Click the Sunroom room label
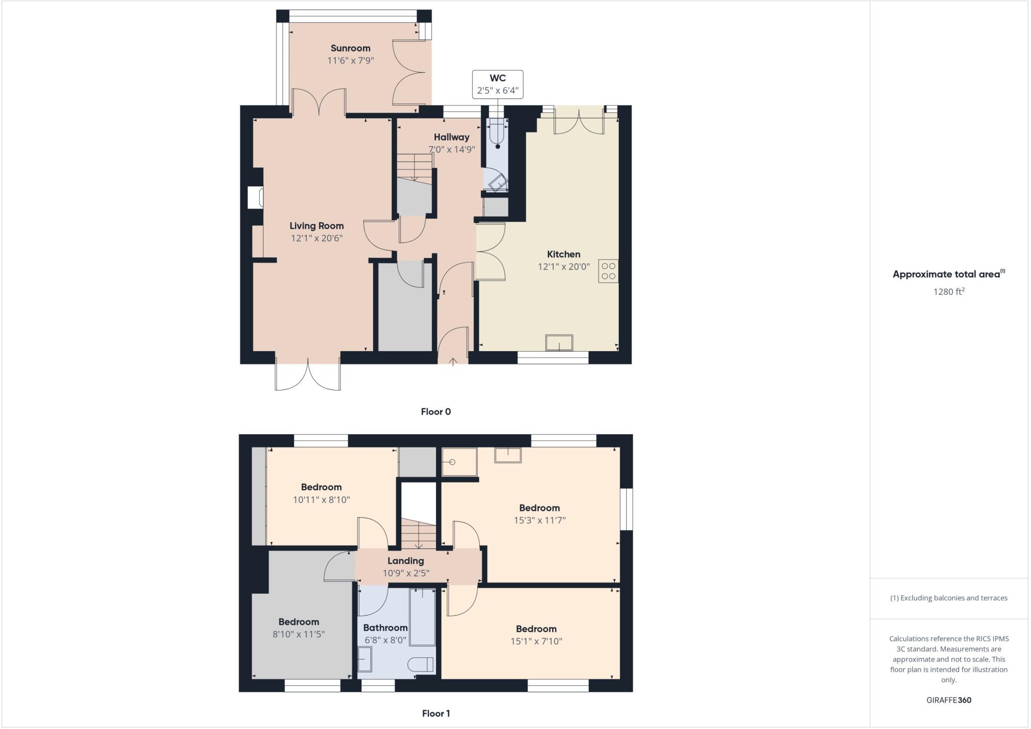point(350,48)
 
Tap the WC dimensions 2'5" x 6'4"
point(497,91)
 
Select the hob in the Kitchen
point(608,271)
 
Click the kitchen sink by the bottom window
point(559,343)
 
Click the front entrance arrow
point(453,361)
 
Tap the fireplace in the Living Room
point(255,197)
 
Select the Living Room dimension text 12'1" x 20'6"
point(317,238)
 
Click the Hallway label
point(452,137)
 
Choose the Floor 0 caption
point(436,412)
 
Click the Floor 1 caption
point(436,713)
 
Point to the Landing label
point(406,561)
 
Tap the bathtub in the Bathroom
point(422,617)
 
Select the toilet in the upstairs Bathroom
point(421,665)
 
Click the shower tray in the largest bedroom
point(459,462)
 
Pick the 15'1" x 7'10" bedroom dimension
point(536,641)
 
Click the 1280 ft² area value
point(948,292)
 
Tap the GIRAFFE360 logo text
point(948,700)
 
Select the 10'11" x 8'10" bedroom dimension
point(321,500)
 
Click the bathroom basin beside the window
point(364,659)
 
